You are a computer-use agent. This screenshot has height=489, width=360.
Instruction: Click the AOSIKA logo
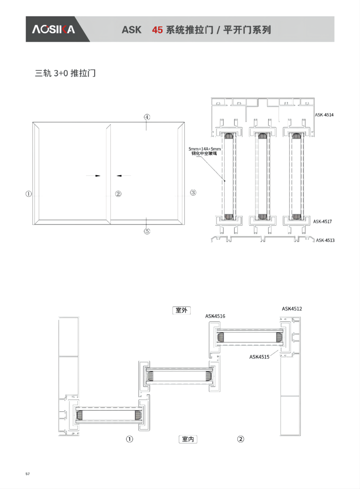click(54, 29)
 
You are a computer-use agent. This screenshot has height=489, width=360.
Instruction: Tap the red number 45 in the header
click(157, 30)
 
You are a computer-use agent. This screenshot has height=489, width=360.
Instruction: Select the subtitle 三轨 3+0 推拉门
click(65, 73)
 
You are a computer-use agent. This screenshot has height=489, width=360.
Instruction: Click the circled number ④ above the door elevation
click(147, 117)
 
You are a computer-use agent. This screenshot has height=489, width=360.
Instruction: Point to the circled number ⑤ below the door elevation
click(147, 231)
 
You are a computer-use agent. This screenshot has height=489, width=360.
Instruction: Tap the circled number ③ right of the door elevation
click(193, 192)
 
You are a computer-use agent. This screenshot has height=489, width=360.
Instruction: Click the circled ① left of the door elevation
click(28, 194)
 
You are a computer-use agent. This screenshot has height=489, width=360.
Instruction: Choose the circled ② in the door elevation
click(118, 194)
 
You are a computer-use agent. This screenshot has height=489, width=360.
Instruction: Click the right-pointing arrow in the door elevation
click(93, 176)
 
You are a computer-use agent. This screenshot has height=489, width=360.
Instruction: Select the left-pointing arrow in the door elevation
click(123, 176)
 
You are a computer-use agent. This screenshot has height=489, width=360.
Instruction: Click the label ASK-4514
click(324, 115)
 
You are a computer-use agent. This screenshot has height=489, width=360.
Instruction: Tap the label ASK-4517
click(322, 221)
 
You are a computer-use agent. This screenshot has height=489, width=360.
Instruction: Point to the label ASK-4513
click(325, 240)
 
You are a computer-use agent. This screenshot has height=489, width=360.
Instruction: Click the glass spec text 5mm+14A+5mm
click(205, 149)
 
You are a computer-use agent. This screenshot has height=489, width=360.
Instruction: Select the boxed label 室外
click(182, 310)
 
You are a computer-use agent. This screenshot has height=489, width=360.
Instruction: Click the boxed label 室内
click(188, 439)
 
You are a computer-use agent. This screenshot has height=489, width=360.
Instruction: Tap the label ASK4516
click(215, 316)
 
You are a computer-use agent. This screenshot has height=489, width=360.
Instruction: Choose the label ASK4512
click(292, 309)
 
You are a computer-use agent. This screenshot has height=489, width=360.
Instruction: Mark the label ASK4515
click(259, 357)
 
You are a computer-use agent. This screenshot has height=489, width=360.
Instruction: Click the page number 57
click(28, 474)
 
